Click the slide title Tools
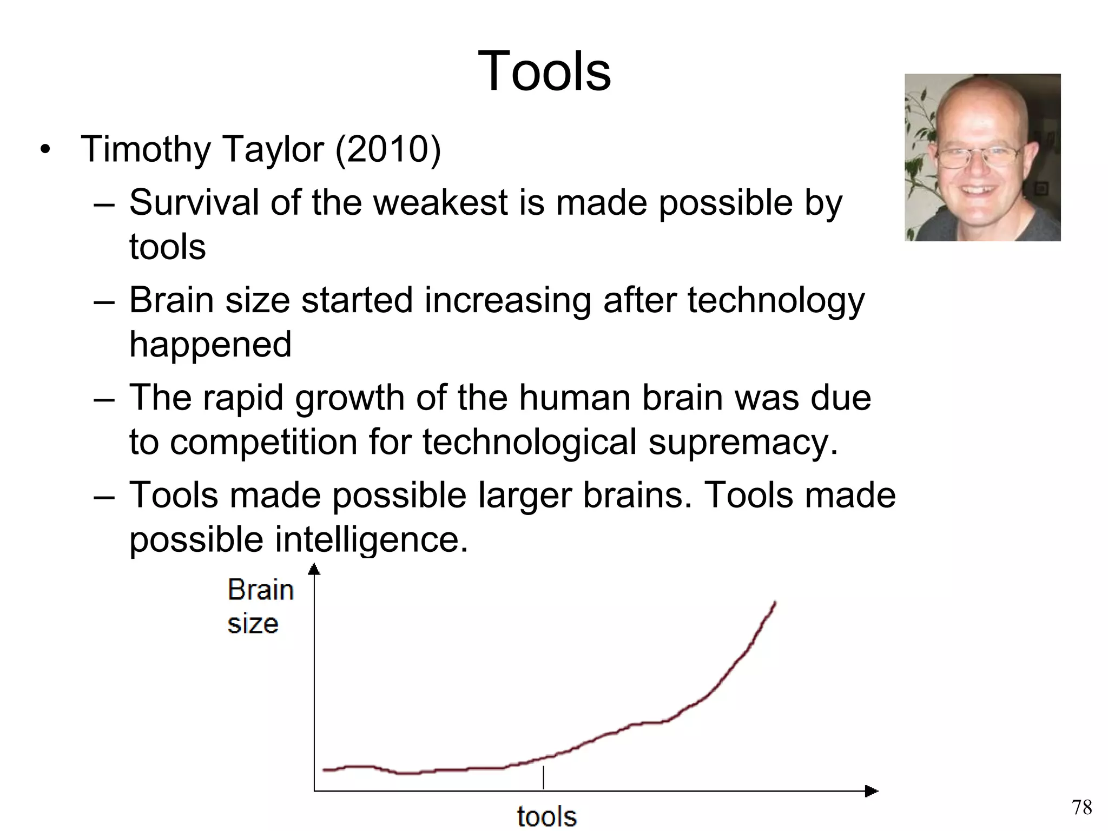pyautogui.click(x=544, y=71)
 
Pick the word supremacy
pyautogui.click(x=743, y=442)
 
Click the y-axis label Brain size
pyautogui.click(x=260, y=606)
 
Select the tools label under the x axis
pyautogui.click(x=546, y=816)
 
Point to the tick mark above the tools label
pyautogui.click(x=543, y=777)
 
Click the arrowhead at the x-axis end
pyautogui.click(x=871, y=792)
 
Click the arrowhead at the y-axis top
pyautogui.click(x=314, y=569)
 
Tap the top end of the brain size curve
pyautogui.click(x=775, y=603)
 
